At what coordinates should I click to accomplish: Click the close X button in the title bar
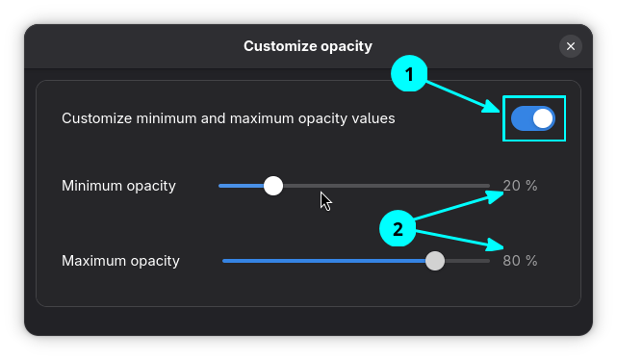click(571, 46)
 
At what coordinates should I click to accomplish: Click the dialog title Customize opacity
click(307, 45)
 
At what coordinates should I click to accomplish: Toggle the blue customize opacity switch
click(533, 118)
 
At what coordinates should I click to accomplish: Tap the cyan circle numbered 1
click(409, 74)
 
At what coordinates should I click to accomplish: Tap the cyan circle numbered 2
click(397, 229)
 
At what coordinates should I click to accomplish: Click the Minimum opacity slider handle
click(273, 186)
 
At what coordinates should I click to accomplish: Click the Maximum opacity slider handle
click(435, 261)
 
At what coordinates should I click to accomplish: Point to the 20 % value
click(520, 186)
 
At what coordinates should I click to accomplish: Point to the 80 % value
click(520, 261)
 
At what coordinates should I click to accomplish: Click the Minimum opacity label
click(118, 186)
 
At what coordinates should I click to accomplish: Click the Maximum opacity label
click(120, 261)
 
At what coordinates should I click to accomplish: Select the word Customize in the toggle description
click(96, 118)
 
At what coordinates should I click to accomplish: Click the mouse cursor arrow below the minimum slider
click(325, 200)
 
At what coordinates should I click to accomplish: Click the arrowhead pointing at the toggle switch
click(493, 107)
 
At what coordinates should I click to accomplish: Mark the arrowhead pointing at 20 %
click(498, 195)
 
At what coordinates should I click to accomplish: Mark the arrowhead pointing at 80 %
click(498, 247)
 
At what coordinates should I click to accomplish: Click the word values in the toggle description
click(373, 118)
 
